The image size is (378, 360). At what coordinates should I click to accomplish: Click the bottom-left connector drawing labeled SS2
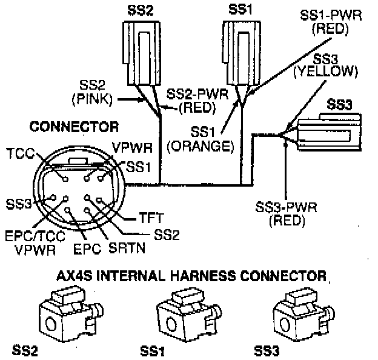pyautogui.click(x=64, y=315)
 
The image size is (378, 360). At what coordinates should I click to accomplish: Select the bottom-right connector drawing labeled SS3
pyautogui.click(x=300, y=315)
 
